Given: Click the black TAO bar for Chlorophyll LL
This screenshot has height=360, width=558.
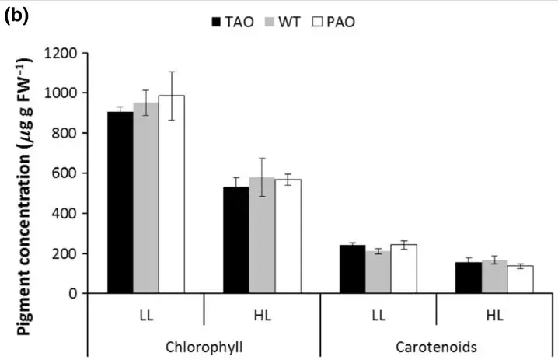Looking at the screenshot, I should click(120, 202).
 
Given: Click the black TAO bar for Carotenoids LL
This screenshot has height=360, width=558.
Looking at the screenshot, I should click(352, 269).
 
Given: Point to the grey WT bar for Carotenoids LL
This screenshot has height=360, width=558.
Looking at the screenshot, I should click(378, 272).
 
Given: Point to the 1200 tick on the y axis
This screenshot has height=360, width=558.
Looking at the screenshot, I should click(65, 53).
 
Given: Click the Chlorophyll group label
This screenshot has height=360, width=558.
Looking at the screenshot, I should click(204, 344).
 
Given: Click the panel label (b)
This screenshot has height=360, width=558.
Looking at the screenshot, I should click(16, 16).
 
